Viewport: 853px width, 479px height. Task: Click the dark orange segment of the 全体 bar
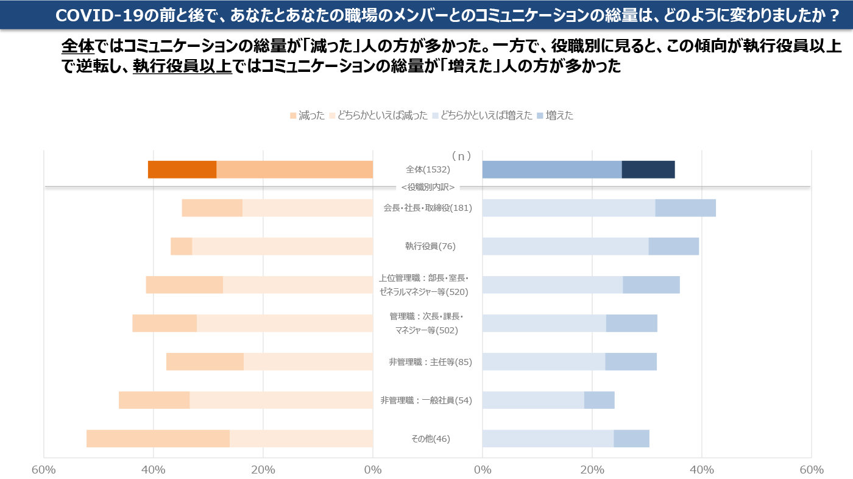pos(182,169)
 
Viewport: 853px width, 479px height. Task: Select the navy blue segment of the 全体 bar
pos(648,169)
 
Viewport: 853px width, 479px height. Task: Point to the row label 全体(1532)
pos(428,169)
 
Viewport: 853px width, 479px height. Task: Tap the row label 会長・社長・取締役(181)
pos(428,208)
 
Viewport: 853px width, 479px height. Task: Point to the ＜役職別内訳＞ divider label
pos(428,187)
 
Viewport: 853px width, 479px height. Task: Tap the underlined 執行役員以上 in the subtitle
pos(182,66)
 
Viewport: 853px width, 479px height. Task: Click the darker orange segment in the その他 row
pos(158,438)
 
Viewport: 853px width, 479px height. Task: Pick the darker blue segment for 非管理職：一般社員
pos(599,400)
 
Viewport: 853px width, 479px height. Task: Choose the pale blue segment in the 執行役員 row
pos(565,246)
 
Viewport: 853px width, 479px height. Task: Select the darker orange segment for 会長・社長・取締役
pos(212,208)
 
